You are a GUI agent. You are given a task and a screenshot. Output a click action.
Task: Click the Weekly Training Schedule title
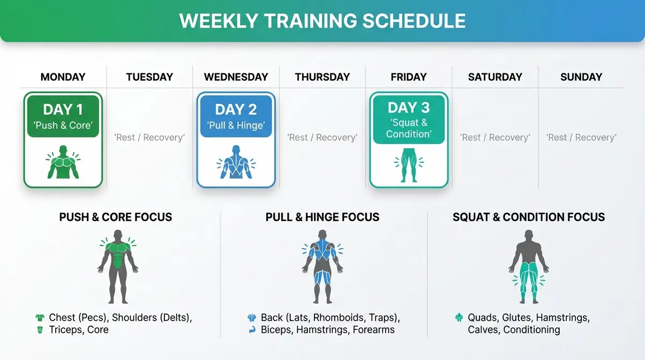pyautogui.click(x=322, y=21)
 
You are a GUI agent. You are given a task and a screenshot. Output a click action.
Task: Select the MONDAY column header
pyautogui.click(x=63, y=77)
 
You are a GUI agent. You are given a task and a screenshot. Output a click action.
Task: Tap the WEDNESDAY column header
pyautogui.click(x=236, y=77)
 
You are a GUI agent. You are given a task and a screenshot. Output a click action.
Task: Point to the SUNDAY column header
pyautogui.click(x=581, y=77)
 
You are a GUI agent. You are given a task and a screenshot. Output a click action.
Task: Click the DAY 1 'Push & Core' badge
pyautogui.click(x=63, y=116)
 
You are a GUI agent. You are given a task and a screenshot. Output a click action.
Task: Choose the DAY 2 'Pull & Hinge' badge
pyautogui.click(x=236, y=116)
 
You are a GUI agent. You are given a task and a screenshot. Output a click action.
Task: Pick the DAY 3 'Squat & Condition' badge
pyautogui.click(x=409, y=121)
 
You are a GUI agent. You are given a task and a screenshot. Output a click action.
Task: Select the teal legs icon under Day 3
pyautogui.click(x=409, y=166)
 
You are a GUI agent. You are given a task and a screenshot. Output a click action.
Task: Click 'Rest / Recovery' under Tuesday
pyautogui.click(x=149, y=138)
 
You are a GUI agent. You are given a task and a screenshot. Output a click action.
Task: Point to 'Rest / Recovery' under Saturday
pyautogui.click(x=495, y=138)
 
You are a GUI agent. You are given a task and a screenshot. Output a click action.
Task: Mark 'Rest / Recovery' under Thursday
pyautogui.click(x=322, y=138)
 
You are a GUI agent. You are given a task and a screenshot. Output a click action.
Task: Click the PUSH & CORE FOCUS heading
pyautogui.click(x=116, y=217)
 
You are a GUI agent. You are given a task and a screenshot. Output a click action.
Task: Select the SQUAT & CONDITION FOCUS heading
pyautogui.click(x=529, y=217)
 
